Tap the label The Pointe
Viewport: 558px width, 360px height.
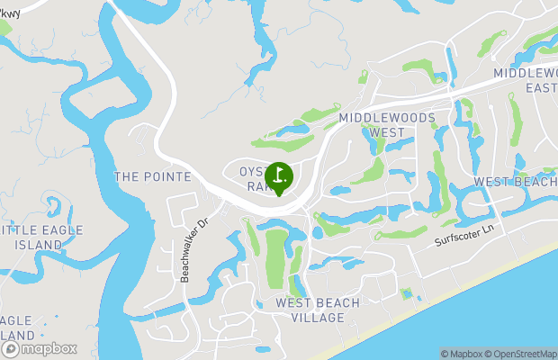(x=152, y=176)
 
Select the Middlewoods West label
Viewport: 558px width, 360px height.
(x=387, y=125)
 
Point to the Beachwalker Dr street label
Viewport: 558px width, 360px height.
(x=193, y=247)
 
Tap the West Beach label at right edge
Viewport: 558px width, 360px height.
(x=515, y=182)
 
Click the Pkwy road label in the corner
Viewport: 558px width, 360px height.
(x=13, y=13)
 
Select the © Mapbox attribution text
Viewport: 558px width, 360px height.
(x=462, y=354)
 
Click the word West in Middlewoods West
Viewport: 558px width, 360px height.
(x=386, y=132)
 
